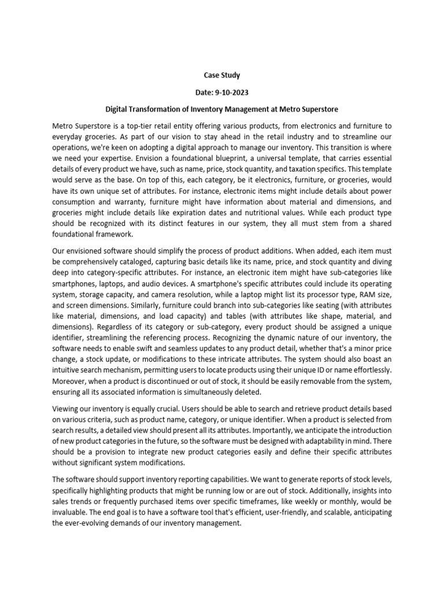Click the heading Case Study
pos(221,75)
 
